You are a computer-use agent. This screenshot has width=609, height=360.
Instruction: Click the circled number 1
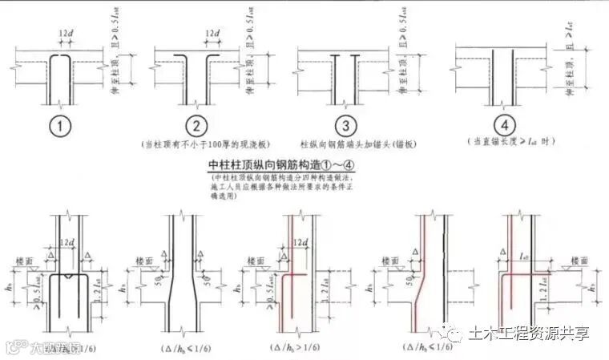(60, 126)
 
